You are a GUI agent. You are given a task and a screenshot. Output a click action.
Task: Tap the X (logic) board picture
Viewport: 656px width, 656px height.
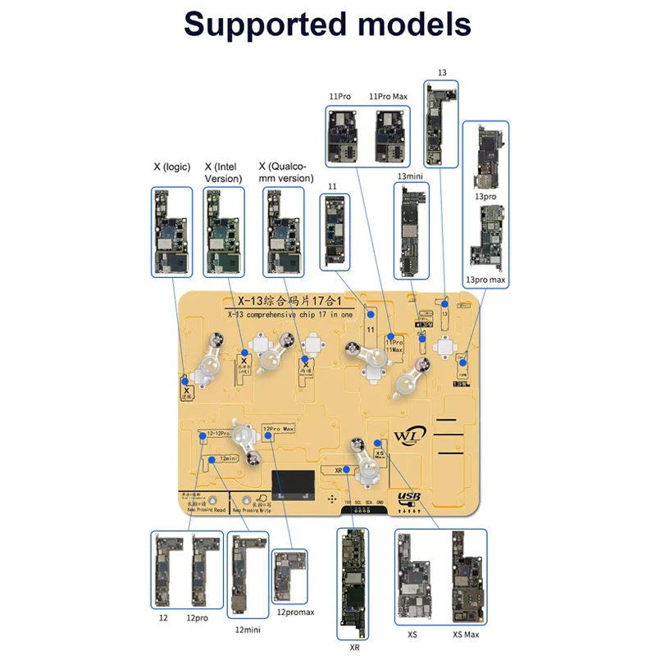[172, 231]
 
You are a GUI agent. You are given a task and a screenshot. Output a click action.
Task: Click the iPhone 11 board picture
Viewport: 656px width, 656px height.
[335, 232]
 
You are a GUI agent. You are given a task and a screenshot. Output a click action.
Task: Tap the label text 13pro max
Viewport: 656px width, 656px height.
[486, 280]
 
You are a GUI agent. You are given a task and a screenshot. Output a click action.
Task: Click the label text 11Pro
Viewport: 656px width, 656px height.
[338, 97]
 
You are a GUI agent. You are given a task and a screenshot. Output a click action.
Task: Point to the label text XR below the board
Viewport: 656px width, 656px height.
[354, 647]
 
